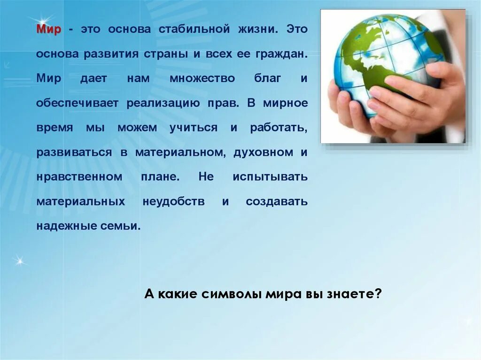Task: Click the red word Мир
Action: (49, 29)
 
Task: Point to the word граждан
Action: (282, 54)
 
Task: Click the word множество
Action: (202, 78)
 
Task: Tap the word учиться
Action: (194, 128)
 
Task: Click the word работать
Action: (279, 128)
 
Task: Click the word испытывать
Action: (270, 177)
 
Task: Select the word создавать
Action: (277, 202)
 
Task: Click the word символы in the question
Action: (226, 294)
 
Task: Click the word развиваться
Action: (74, 153)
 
